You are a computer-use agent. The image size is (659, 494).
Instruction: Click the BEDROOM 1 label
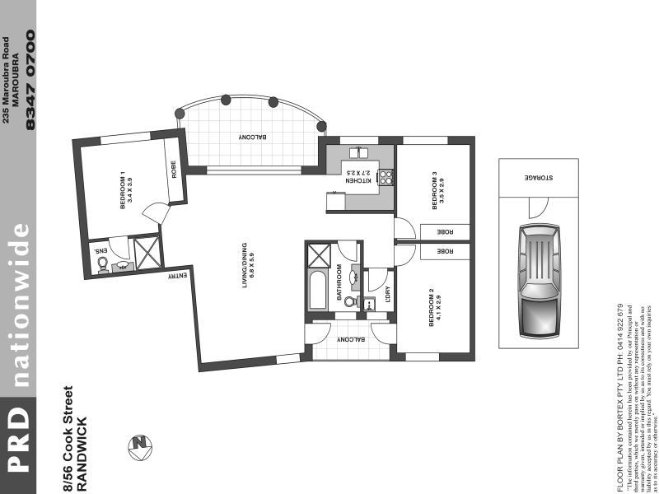pyautogui.click(x=126, y=190)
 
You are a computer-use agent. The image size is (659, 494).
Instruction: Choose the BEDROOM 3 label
pyautogui.click(x=437, y=187)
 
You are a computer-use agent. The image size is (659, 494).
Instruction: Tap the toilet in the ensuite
pyautogui.click(x=103, y=264)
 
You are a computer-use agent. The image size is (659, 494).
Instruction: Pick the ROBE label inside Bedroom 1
pyautogui.click(x=174, y=170)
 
